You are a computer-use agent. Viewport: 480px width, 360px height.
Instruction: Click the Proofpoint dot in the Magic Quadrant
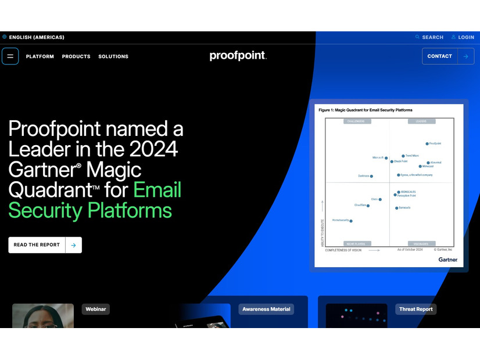[427, 143]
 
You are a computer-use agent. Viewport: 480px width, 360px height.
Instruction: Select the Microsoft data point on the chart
[386, 158]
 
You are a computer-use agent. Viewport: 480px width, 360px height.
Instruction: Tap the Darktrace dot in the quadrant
[371, 176]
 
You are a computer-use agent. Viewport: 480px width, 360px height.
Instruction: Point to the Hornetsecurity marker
[351, 221]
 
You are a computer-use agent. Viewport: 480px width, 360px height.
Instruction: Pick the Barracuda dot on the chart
[397, 208]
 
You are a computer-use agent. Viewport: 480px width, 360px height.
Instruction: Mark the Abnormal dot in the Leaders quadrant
[428, 163]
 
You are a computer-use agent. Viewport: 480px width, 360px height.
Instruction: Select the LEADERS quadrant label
[422, 121]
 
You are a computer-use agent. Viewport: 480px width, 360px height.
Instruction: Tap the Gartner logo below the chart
[447, 260]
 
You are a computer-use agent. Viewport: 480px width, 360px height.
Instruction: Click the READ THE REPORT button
[45, 245]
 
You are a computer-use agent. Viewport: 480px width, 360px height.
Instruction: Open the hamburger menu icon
[10, 56]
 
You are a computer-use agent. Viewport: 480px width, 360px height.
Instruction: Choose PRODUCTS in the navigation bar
[76, 56]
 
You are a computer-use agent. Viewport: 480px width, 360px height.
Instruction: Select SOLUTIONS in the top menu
[113, 56]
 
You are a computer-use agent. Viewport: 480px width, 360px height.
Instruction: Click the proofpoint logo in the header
[238, 56]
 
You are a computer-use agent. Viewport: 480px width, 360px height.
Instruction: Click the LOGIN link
[463, 37]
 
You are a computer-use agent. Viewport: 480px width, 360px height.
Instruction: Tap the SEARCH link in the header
[429, 37]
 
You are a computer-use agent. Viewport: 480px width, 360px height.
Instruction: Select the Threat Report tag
[415, 309]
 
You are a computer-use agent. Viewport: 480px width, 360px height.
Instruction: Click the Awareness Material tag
[266, 309]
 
